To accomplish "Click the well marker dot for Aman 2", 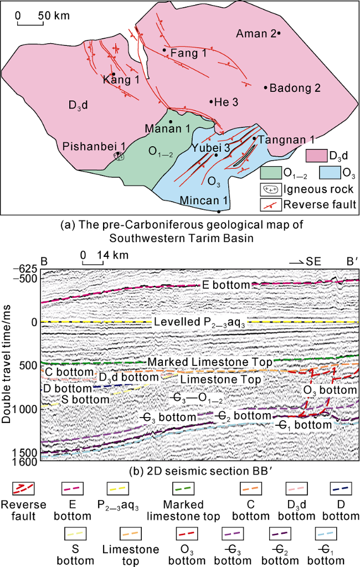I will click(279, 34).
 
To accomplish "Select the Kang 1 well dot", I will click(114, 74).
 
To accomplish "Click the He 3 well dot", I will click(211, 101).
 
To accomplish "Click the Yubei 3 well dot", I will click(217, 155).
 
